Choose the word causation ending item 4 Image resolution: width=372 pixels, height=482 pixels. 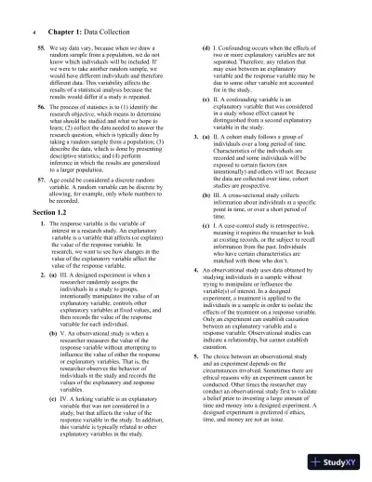(x=232, y=354)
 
